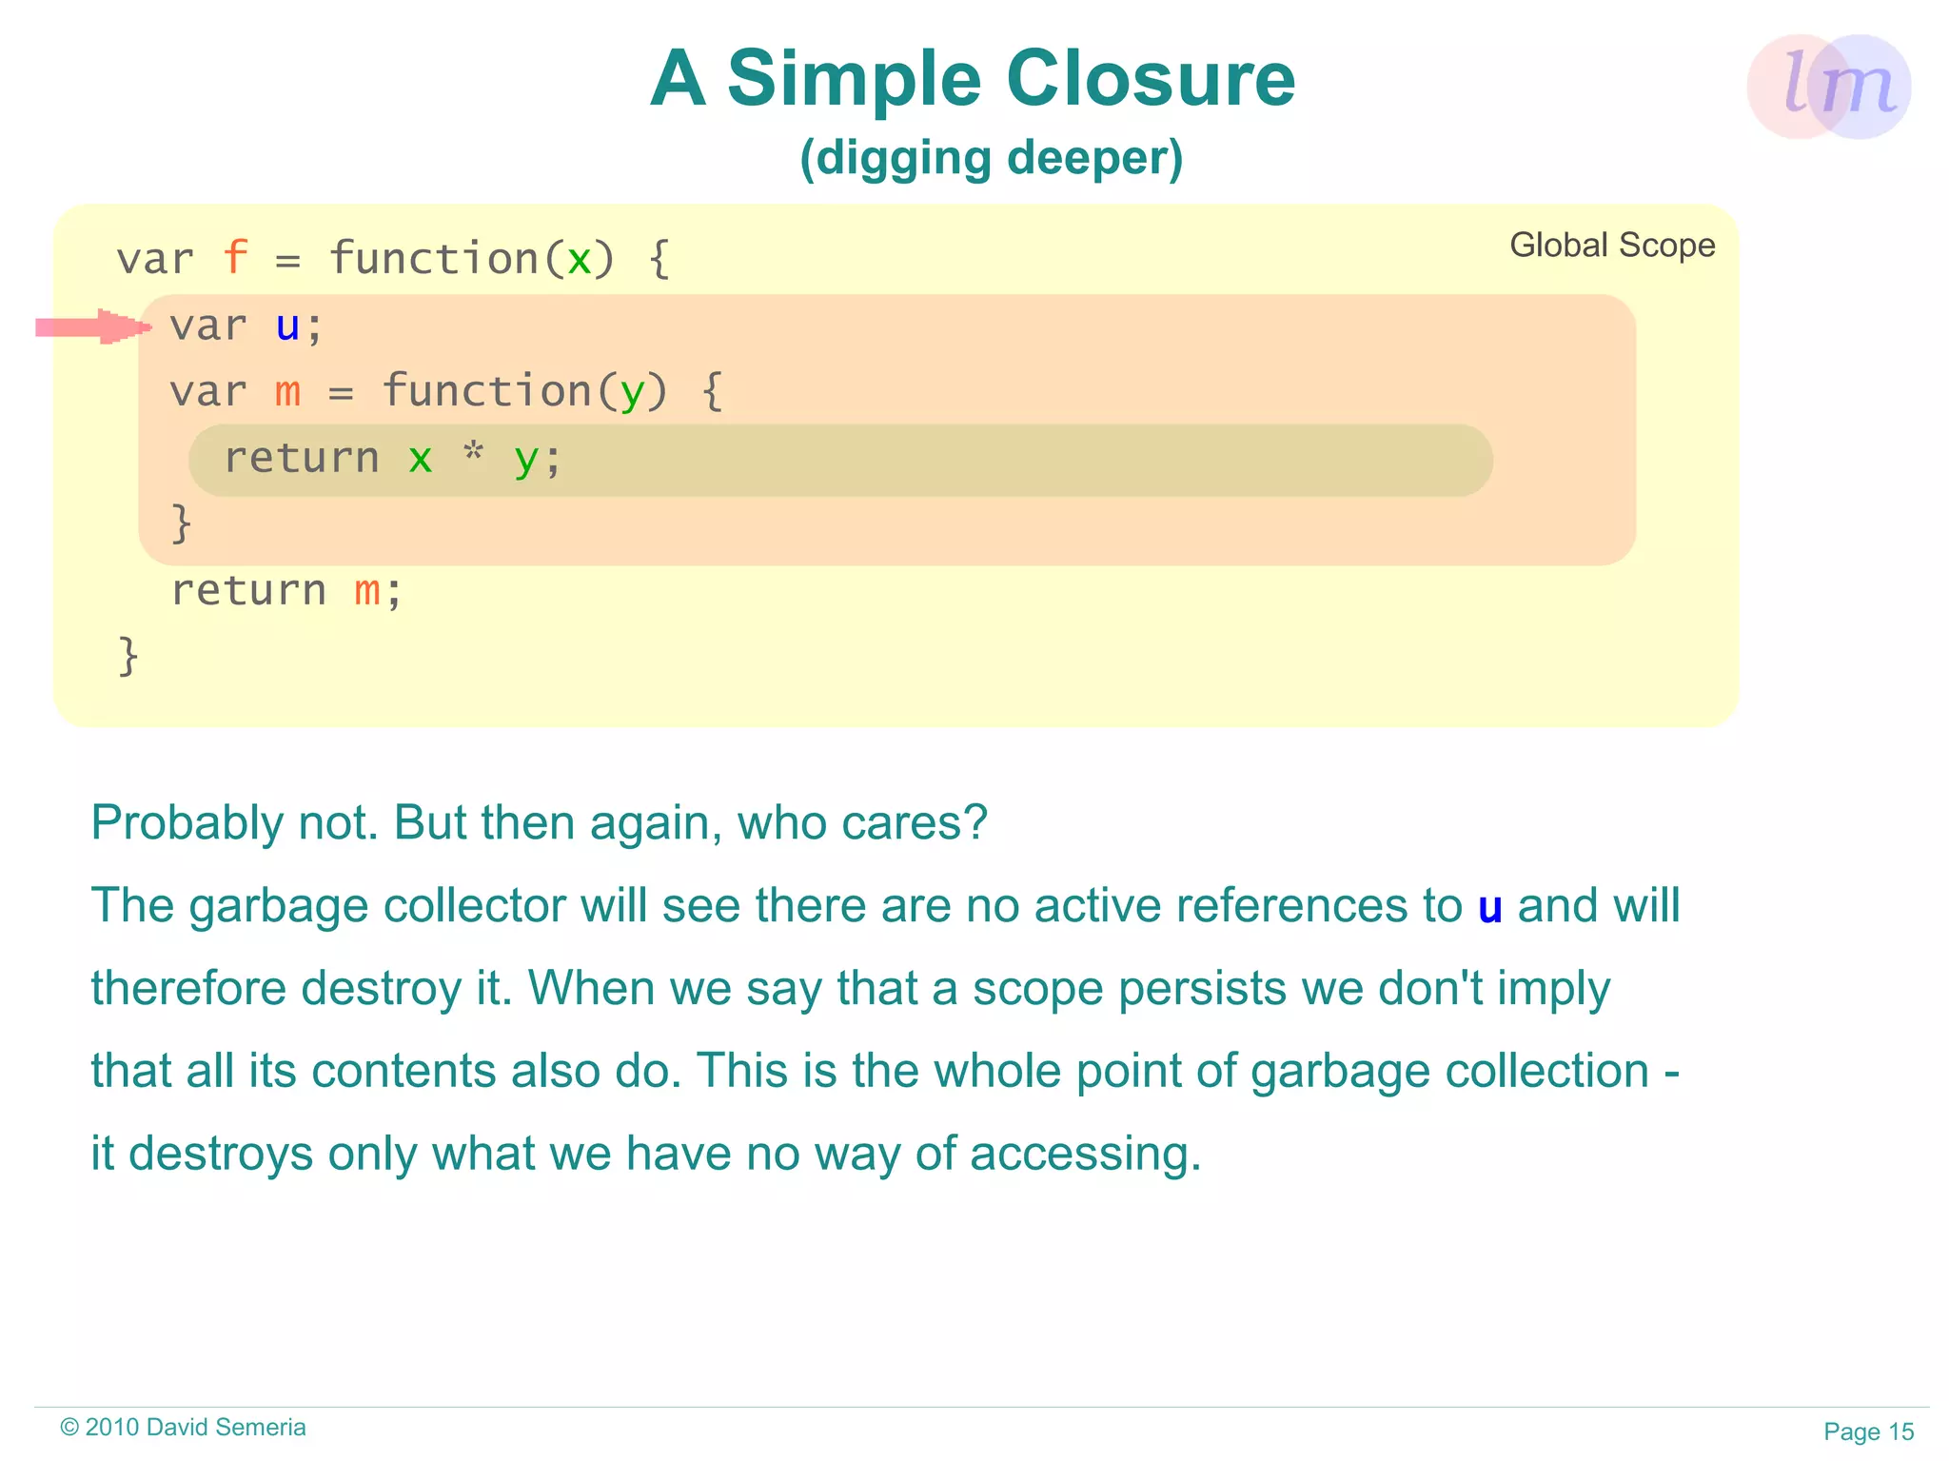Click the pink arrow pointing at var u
(93, 327)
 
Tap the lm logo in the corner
(1828, 87)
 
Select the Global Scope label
(1612, 246)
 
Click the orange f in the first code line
(234, 258)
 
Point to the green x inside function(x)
(579, 260)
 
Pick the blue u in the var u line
(287, 326)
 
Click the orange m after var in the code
(287, 392)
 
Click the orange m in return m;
(367, 591)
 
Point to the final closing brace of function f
(128, 657)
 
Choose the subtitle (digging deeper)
(991, 158)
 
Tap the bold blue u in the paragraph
(1489, 907)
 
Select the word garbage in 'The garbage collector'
(278, 906)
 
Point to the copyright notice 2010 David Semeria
(183, 1428)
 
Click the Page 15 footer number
(1868, 1431)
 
